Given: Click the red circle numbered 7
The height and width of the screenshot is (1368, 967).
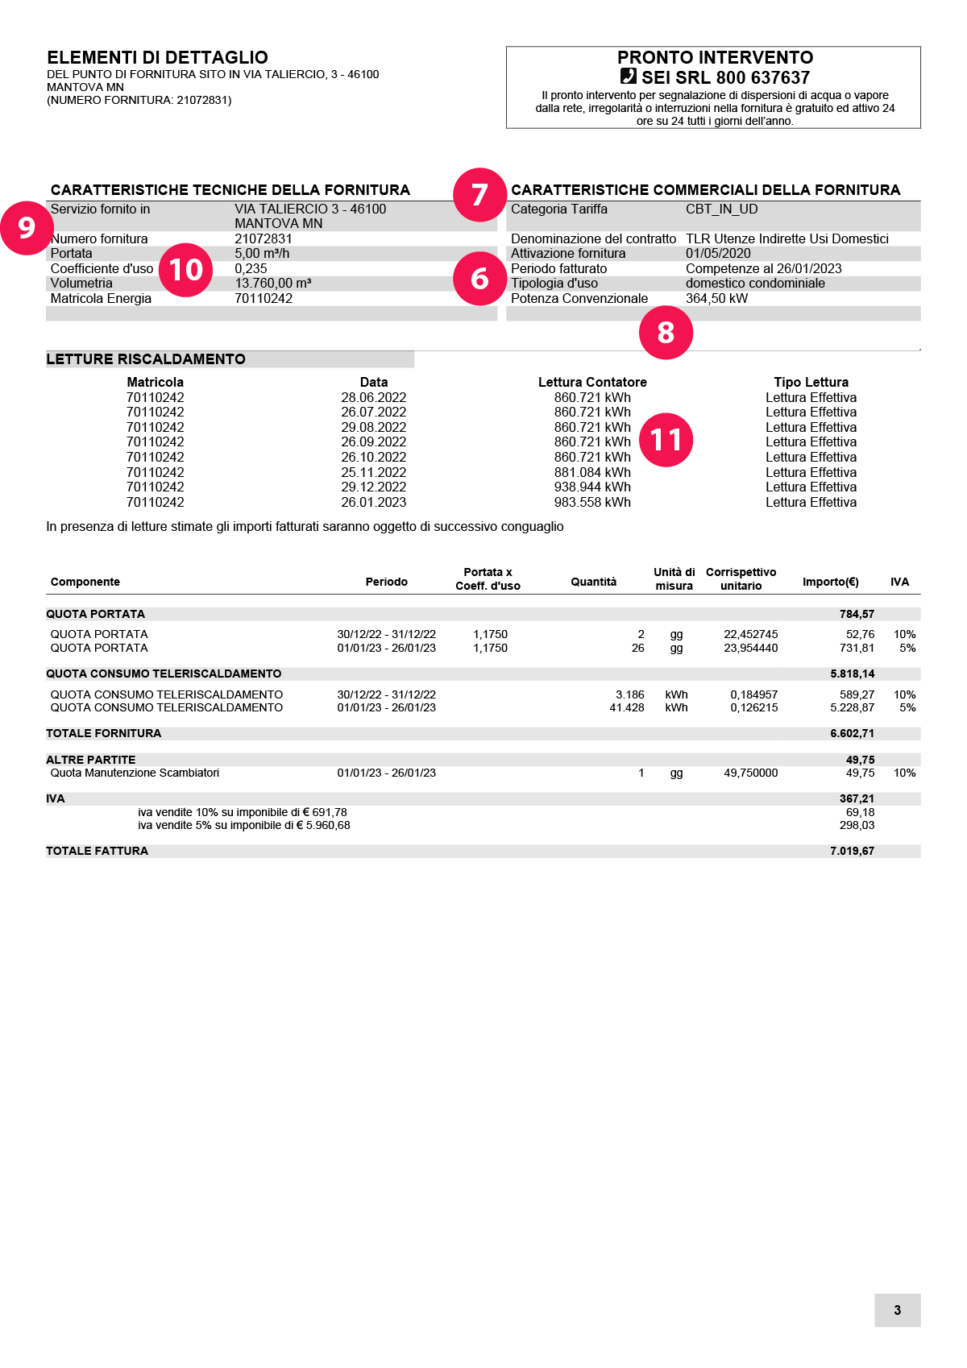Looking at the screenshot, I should coord(479,194).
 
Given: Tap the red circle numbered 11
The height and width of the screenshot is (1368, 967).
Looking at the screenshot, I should coord(666,440).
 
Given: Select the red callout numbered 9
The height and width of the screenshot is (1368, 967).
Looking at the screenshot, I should coord(27,228).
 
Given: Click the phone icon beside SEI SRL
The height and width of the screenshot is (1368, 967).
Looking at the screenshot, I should coord(629,77).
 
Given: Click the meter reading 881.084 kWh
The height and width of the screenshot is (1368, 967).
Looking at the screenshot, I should coord(592,472).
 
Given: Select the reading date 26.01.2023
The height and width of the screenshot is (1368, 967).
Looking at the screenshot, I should coord(373,502).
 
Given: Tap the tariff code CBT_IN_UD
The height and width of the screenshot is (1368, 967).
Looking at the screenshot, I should coord(721,209).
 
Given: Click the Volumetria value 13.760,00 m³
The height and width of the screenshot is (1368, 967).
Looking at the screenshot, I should coord(272,283).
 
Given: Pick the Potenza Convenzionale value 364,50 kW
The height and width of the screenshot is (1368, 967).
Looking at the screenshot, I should coord(716,298).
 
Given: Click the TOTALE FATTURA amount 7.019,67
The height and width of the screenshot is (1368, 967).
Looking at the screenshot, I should coord(852,851).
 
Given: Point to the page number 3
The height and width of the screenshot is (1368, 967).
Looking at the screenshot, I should coord(897,1310).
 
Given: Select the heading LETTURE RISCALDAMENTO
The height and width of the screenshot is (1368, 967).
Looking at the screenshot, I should coord(146,359).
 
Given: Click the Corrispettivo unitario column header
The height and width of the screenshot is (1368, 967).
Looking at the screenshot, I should coord(741,579).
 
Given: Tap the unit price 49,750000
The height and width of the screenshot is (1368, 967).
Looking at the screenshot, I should coord(750,773).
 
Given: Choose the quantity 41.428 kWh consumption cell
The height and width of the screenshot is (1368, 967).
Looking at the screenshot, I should coord(626,707).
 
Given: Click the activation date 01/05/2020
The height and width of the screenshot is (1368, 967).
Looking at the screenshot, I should coord(718,253).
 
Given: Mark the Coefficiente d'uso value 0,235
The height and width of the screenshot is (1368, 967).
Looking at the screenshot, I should coord(251,268).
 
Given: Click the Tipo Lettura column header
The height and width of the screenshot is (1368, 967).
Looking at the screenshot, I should coord(811,382).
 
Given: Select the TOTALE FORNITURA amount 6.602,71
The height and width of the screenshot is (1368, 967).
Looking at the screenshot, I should coord(852,733).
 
